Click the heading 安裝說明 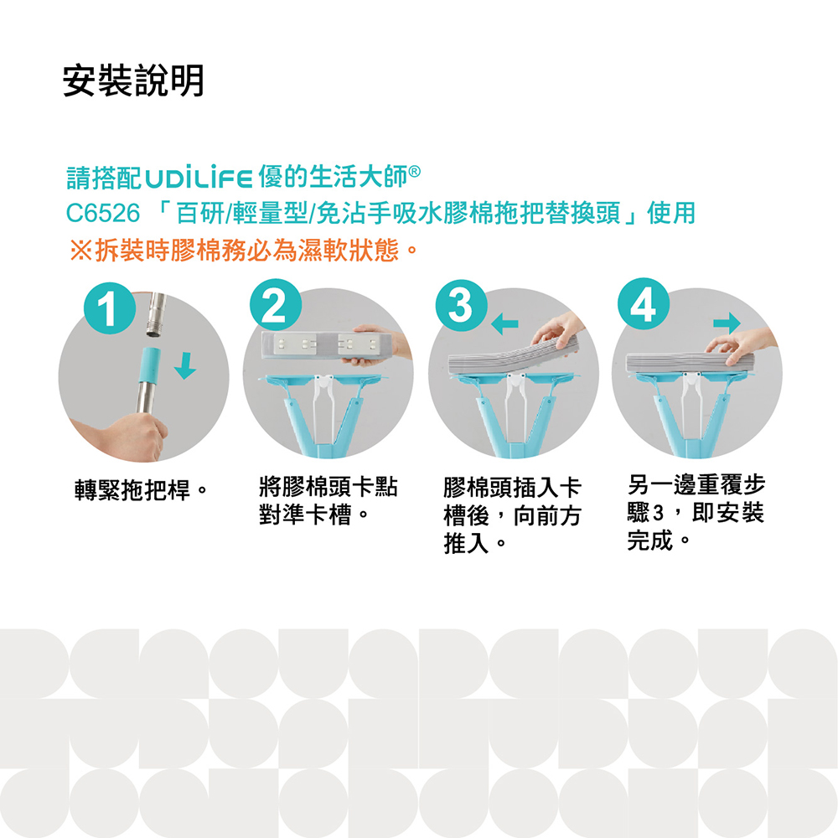(x=133, y=80)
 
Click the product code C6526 (x=102, y=213)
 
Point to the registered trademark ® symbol (x=414, y=172)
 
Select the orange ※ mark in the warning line (x=80, y=250)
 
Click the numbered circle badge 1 (x=110, y=308)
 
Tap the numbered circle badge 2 (x=276, y=305)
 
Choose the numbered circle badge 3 (x=461, y=305)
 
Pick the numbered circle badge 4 (x=644, y=304)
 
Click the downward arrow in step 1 (x=185, y=365)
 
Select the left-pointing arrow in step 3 (x=504, y=323)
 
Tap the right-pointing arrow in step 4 (x=727, y=323)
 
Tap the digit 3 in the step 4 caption (x=658, y=514)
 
